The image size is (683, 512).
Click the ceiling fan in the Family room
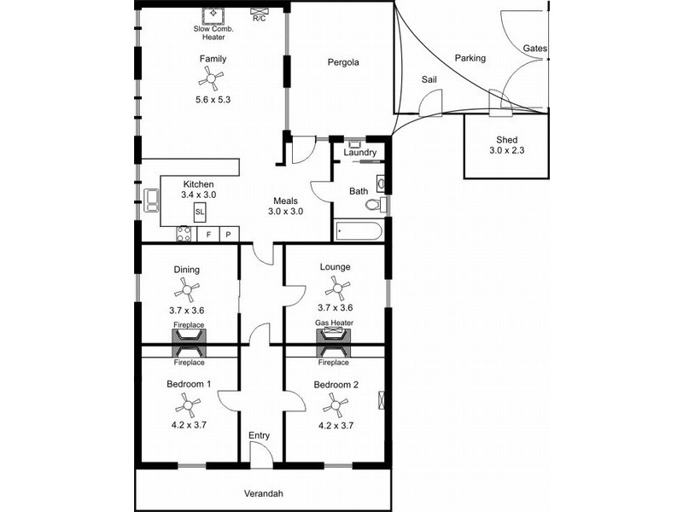(208, 79)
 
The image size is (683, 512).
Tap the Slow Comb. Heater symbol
(212, 15)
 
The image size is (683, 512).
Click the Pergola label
(343, 62)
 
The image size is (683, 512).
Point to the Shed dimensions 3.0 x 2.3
(508, 150)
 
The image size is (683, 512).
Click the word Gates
(535, 49)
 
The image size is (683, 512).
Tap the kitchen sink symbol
(152, 200)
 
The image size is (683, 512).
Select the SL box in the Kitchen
(200, 211)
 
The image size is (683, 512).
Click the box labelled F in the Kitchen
(208, 234)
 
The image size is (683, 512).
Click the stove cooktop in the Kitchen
(184, 234)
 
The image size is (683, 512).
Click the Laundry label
(359, 153)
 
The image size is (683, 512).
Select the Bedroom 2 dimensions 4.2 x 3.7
(336, 424)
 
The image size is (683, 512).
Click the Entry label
(259, 435)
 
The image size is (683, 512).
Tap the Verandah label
(262, 493)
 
